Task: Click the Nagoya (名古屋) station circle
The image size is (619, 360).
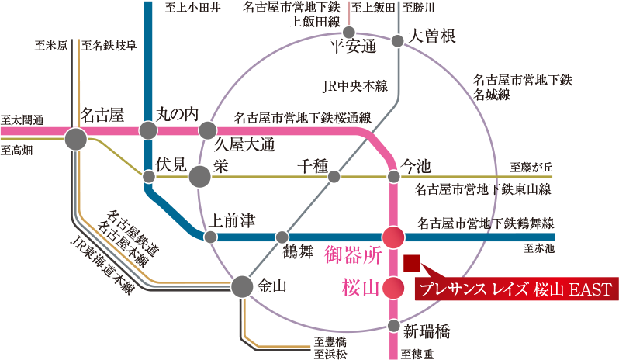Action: (76, 140)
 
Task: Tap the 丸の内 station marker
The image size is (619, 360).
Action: (148, 130)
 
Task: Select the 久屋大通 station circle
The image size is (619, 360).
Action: (207, 130)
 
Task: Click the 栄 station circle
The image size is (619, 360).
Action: (199, 177)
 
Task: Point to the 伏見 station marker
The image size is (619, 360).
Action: (148, 176)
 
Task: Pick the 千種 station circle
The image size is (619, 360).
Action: (334, 177)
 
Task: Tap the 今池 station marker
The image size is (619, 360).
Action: (394, 177)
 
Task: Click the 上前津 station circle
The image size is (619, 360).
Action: (209, 237)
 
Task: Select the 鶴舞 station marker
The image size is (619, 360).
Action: (282, 237)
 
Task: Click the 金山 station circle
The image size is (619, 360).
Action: (242, 287)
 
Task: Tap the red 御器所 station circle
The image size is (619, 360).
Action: (394, 237)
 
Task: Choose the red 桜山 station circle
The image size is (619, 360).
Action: (394, 288)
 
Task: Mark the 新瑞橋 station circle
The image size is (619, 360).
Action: (394, 325)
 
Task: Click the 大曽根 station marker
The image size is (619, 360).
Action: (398, 40)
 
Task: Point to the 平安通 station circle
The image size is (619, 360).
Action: (349, 33)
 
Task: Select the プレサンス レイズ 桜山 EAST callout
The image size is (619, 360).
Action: (516, 290)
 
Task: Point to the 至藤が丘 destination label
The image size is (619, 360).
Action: (531, 167)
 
